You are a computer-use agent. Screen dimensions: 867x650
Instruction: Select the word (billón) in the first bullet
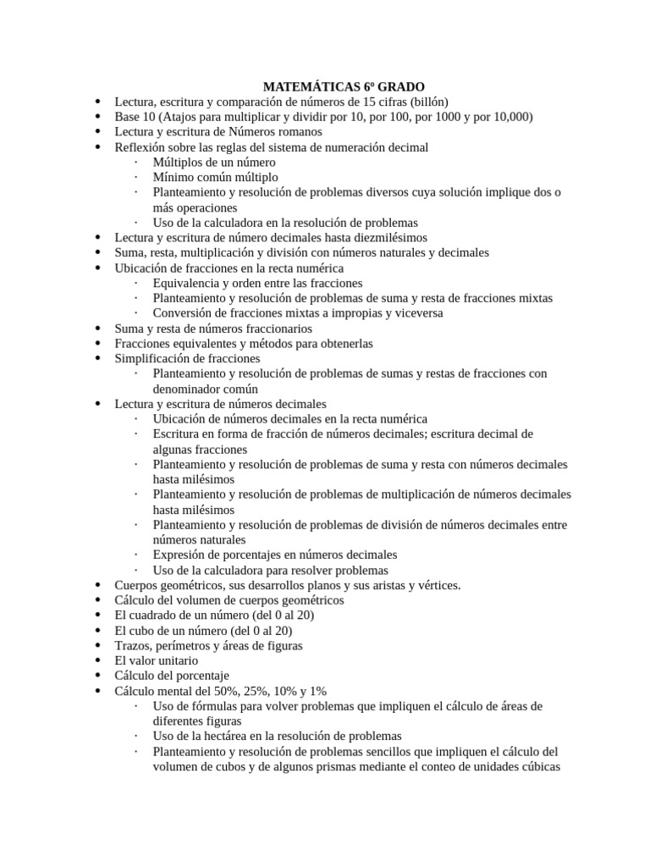click(x=432, y=102)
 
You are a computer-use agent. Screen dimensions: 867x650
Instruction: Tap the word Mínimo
click(x=174, y=177)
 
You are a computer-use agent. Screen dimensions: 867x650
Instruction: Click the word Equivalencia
click(x=190, y=283)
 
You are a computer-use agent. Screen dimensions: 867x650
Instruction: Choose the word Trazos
click(x=133, y=646)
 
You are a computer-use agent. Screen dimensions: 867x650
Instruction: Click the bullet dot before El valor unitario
click(x=99, y=661)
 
